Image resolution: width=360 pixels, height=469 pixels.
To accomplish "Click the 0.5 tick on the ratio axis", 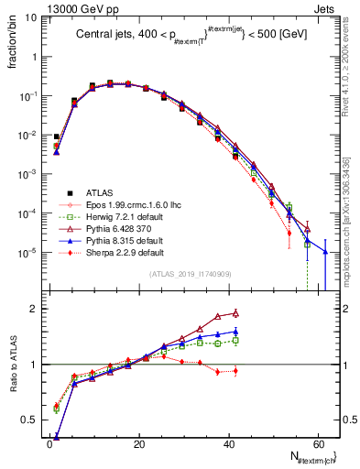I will [x=32, y=420].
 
